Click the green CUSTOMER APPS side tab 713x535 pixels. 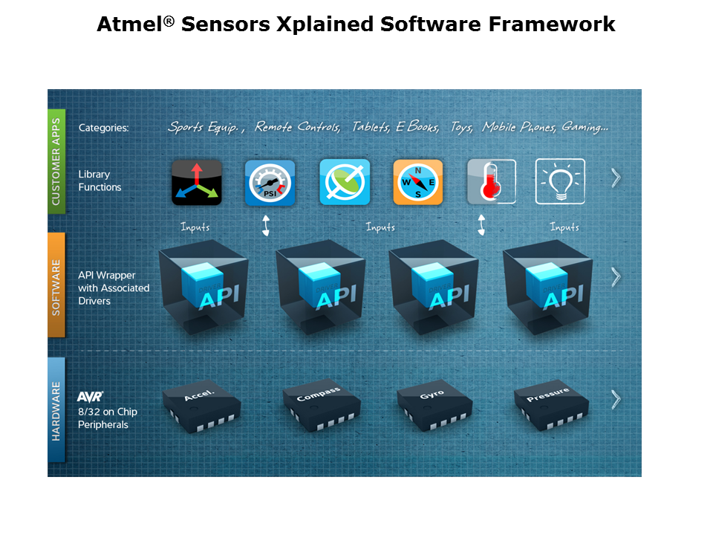56,161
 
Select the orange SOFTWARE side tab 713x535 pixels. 56,285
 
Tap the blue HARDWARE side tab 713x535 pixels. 56,410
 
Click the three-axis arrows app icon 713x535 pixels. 196,183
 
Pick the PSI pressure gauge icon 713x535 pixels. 270,183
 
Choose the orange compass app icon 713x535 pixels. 418,183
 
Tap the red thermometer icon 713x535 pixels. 492,181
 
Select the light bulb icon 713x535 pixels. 560,181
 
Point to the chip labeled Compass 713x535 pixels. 322,405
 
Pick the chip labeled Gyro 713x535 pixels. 434,405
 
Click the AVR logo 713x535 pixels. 90,397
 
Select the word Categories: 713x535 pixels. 104,128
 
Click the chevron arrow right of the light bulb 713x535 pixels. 616,178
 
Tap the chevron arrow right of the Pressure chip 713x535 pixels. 616,400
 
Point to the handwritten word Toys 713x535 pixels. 461,127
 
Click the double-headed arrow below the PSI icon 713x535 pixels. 266,226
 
